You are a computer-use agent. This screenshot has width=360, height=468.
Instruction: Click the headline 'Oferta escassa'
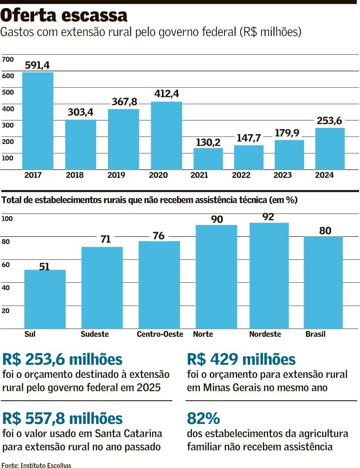click(64, 15)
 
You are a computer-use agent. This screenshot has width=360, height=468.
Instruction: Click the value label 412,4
click(166, 93)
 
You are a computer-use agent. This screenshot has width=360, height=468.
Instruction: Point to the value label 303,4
click(81, 112)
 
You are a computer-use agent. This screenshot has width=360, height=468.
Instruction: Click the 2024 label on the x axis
click(324, 175)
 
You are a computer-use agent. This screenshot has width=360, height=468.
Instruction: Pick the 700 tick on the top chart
click(8, 59)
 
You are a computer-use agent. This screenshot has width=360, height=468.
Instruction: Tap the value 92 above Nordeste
click(268, 217)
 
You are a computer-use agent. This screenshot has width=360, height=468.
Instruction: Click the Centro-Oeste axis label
click(160, 334)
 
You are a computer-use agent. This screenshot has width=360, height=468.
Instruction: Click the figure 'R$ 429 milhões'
click(242, 360)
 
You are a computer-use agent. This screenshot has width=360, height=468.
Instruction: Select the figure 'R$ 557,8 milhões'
click(63, 419)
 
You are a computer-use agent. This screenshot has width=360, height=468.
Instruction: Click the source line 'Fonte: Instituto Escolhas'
click(36, 465)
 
